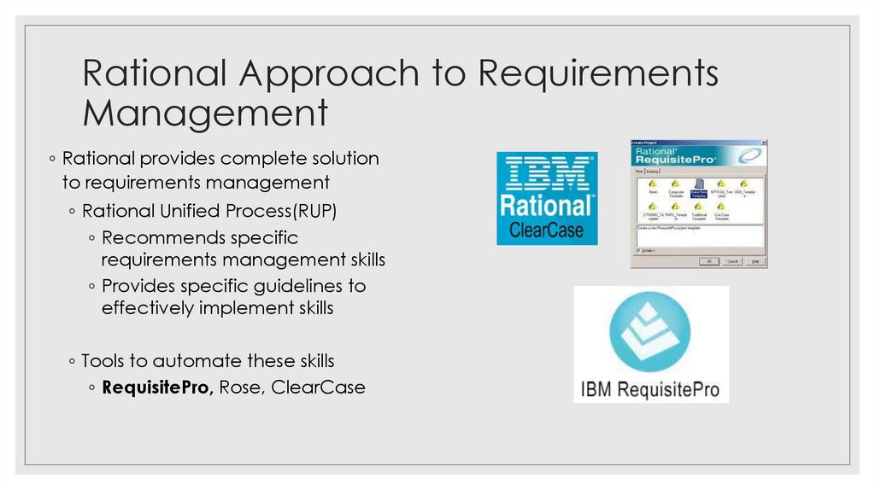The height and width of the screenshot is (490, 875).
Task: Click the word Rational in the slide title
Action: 154,74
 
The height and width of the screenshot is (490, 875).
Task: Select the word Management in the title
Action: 205,114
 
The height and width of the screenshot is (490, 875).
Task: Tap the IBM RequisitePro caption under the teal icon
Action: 650,390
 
